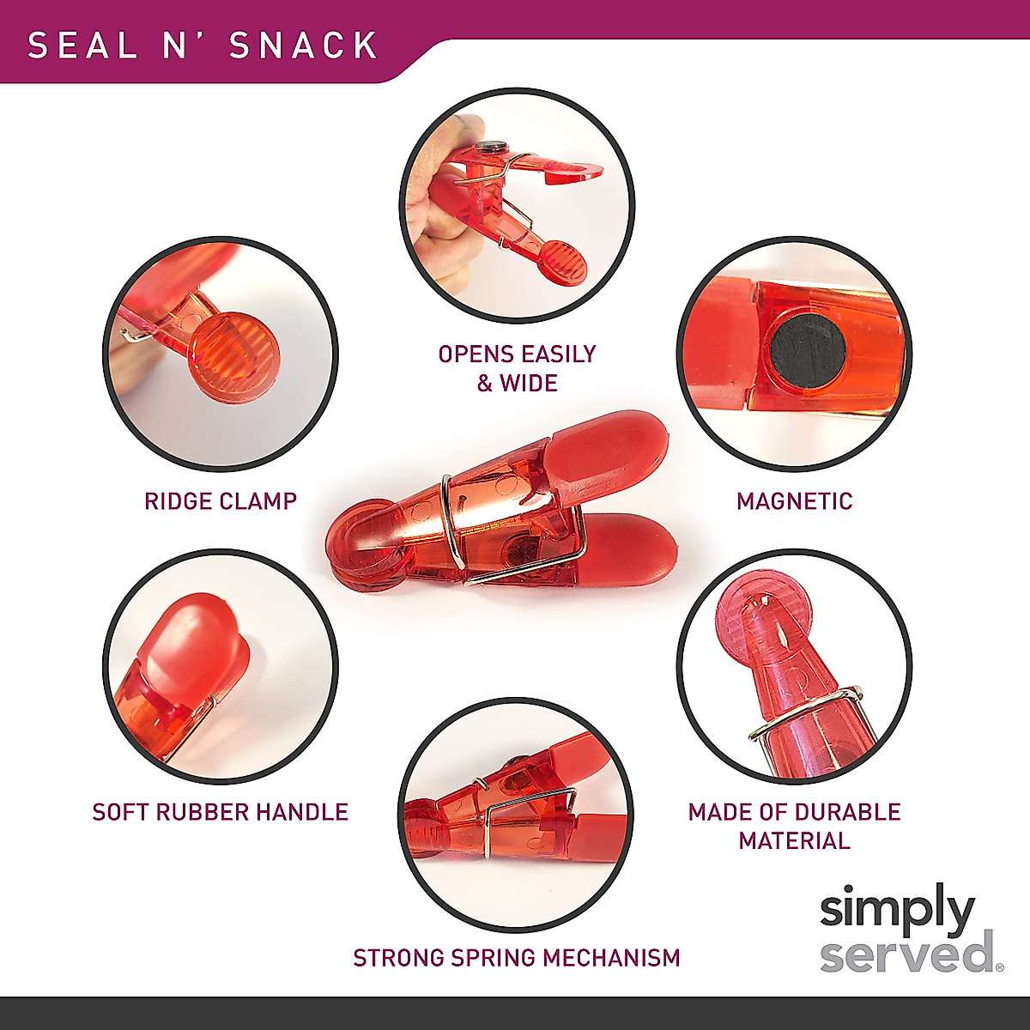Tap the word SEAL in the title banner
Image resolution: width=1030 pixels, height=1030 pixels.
click(82, 45)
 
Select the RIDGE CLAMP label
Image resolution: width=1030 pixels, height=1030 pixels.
click(221, 500)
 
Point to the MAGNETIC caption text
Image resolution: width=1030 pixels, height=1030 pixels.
click(795, 500)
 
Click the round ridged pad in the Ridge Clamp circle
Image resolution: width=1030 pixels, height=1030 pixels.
click(233, 354)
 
